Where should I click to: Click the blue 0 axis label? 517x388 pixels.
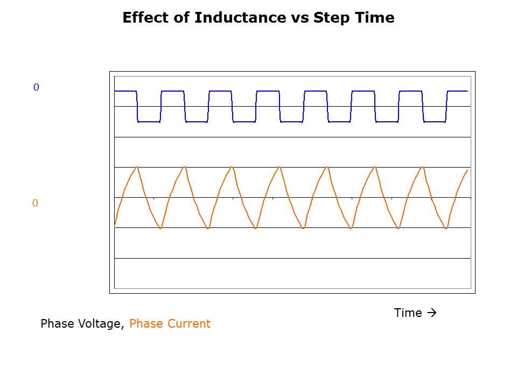(x=36, y=87)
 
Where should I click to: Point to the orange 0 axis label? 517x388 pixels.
(x=35, y=203)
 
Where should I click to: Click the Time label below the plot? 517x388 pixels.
(x=408, y=313)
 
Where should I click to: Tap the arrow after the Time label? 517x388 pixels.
(x=431, y=313)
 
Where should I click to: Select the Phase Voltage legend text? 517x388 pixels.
(x=83, y=324)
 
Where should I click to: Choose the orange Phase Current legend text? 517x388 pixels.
(x=170, y=324)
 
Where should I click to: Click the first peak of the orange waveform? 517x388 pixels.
(x=137, y=167)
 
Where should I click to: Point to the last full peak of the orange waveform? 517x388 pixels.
(x=422, y=167)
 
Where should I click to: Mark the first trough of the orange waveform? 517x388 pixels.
(x=160, y=228)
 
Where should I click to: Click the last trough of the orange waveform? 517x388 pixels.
(x=446, y=228)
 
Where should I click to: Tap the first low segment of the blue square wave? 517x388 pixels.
(x=149, y=122)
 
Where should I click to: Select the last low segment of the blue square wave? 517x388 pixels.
(x=435, y=122)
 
